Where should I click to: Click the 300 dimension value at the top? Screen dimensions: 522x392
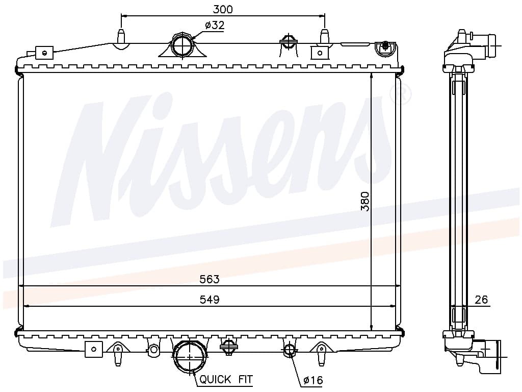(x=223, y=9)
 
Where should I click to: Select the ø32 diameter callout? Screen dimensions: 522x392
(x=215, y=25)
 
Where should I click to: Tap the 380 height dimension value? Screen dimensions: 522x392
(x=365, y=201)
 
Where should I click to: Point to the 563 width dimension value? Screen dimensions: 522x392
(x=210, y=279)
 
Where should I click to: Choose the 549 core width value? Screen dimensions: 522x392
(x=210, y=300)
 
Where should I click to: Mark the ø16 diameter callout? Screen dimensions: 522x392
(x=313, y=380)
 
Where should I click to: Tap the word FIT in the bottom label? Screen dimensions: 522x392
(x=245, y=379)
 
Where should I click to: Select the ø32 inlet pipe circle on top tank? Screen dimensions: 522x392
(x=182, y=45)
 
